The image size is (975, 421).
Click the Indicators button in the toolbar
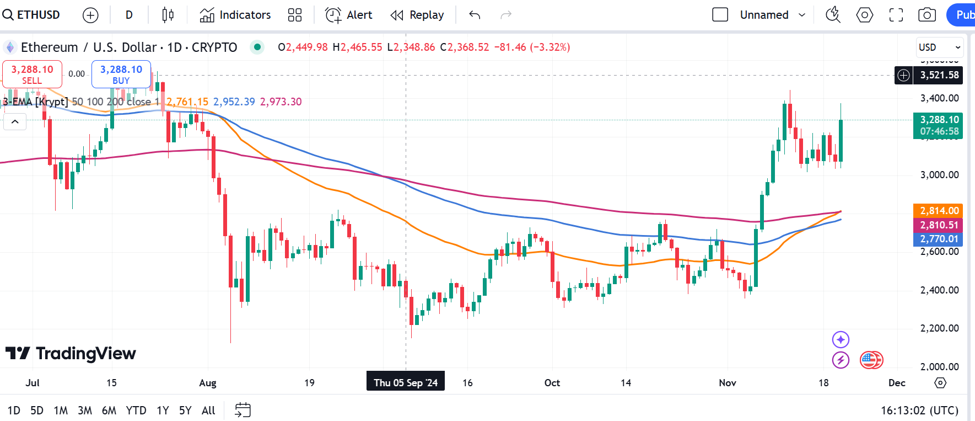click(x=235, y=15)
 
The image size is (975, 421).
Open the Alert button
click(x=349, y=15)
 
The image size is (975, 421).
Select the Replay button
click(x=417, y=15)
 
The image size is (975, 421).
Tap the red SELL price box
click(x=32, y=74)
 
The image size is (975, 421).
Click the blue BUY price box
click(x=121, y=74)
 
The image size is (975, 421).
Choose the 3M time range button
click(x=85, y=411)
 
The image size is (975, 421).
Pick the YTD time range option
click(x=136, y=411)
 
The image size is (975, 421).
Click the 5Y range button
click(x=185, y=411)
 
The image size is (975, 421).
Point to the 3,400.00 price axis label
click(x=939, y=98)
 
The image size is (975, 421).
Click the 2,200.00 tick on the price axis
click(x=939, y=328)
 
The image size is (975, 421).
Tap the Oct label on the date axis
click(x=552, y=383)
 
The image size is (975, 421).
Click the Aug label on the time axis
click(x=208, y=383)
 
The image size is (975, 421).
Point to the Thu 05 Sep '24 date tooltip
click(x=406, y=383)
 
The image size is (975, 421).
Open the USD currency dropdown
click(x=939, y=47)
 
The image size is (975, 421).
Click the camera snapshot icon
click(x=927, y=15)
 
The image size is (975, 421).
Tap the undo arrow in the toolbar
click(x=475, y=15)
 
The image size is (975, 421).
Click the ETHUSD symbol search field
click(x=32, y=15)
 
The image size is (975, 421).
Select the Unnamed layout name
click(x=764, y=15)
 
